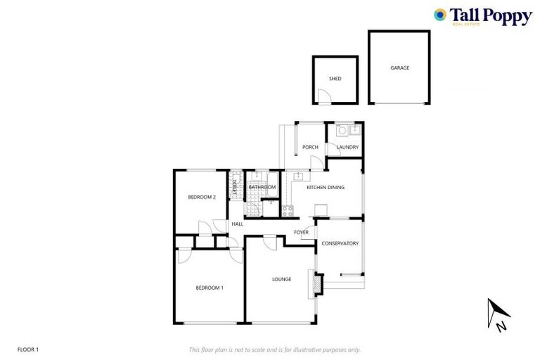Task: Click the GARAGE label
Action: [399, 68]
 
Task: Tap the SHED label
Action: [335, 79]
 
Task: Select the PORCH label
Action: [310, 147]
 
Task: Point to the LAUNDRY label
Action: [347, 147]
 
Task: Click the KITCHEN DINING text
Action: [325, 187]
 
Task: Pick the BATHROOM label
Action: [262, 187]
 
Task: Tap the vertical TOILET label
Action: [235, 188]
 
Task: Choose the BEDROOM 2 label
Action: [201, 197]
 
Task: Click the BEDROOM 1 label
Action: [209, 288]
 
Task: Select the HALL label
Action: [238, 224]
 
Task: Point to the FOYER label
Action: [301, 232]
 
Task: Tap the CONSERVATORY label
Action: [340, 243]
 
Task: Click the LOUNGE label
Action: [281, 279]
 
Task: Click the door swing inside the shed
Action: [323, 97]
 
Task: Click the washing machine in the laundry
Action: [342, 129]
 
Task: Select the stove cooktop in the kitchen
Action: [287, 210]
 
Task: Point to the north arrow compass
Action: [499, 314]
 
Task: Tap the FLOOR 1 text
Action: [27, 349]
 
